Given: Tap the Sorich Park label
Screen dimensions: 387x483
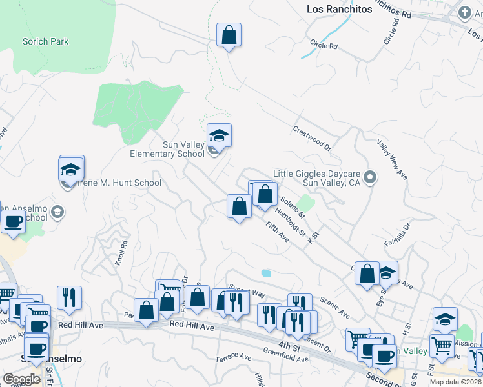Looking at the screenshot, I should pos(46,42).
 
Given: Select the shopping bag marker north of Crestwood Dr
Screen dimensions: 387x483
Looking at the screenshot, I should pos(229,35).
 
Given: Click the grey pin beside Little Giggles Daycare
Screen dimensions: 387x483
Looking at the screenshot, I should pos(369,176).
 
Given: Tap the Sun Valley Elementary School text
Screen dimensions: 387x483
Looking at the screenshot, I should pos(167,149).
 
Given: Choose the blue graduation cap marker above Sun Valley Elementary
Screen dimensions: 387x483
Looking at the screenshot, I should pos(219,135).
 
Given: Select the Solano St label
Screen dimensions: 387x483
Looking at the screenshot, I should pos(291,207).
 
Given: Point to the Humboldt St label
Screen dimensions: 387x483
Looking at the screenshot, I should pos(289,221).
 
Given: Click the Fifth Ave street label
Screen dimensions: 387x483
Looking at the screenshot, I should pos(277,232).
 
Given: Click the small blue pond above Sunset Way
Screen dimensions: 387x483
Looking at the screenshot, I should pos(266,273).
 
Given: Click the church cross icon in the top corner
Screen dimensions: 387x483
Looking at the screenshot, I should pos(464,12).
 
